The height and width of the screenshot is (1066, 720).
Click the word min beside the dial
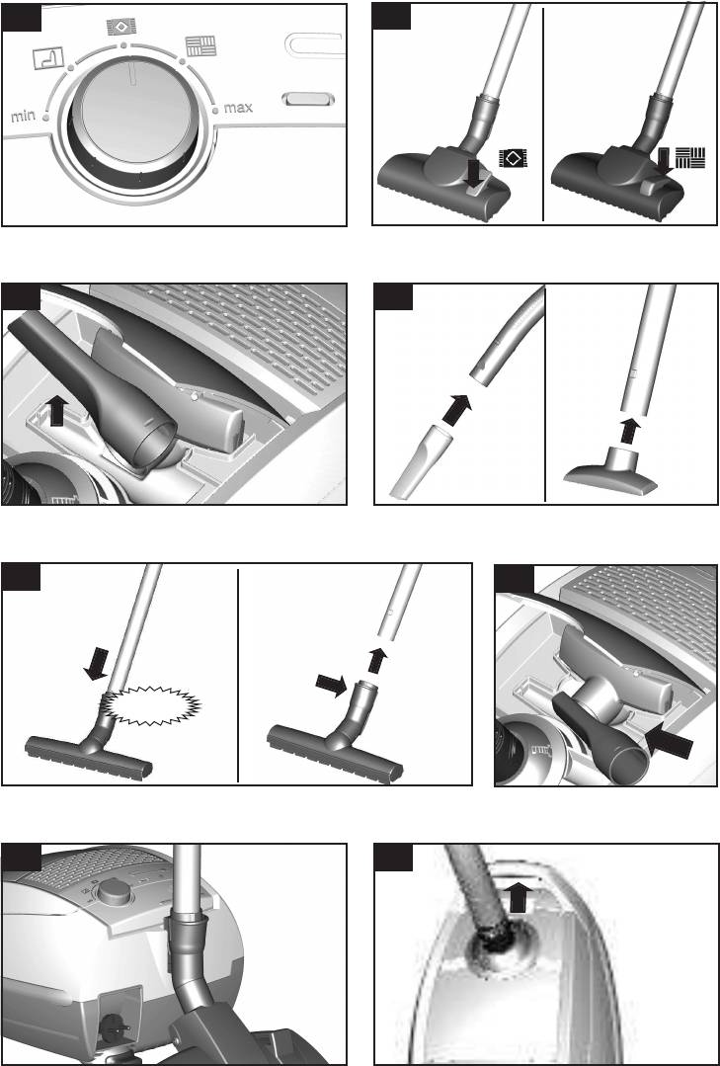pos(23,117)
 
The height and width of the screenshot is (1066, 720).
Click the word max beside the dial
pos(238,107)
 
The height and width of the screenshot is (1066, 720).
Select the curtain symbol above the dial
pos(48,58)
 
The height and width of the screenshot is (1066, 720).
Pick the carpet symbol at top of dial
pos(121,28)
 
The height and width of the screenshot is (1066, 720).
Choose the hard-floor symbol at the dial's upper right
pos(200,46)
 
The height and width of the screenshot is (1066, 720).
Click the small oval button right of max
pos(308,99)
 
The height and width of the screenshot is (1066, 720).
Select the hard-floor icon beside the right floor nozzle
pos(690,157)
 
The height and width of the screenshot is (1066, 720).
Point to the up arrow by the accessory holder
pos(57,412)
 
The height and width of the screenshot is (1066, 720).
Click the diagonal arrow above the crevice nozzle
pos(456,410)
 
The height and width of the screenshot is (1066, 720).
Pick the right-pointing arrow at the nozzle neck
pos(331,686)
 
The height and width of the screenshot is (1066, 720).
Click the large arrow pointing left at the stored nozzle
pos(669,741)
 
